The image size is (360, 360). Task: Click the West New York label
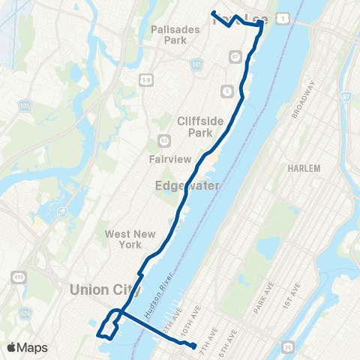pyautogui.click(x=123, y=239)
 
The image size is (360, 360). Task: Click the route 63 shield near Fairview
pyautogui.click(x=164, y=140)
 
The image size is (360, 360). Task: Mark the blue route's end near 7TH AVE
pyautogui.click(x=194, y=346)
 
